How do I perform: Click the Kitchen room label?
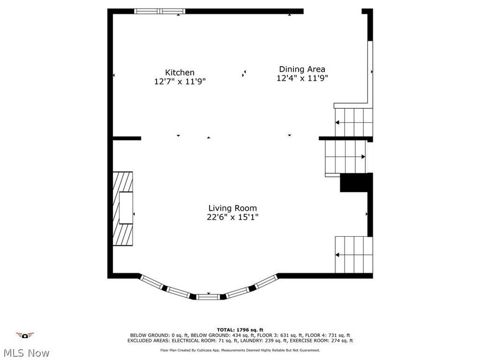click(179, 73)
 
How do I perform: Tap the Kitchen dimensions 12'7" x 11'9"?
click(180, 82)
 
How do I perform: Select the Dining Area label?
click(302, 69)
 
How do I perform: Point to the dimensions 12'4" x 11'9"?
click(302, 78)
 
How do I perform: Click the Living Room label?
click(232, 208)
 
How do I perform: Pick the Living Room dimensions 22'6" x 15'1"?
click(232, 217)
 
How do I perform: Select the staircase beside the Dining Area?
click(353, 122)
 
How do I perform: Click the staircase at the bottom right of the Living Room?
click(353, 255)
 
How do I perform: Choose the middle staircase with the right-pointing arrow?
click(346, 157)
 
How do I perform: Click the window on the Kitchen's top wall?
click(159, 11)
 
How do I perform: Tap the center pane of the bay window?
click(208, 297)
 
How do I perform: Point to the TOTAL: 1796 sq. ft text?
click(240, 330)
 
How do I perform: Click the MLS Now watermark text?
click(26, 353)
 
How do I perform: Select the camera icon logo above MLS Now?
click(25, 335)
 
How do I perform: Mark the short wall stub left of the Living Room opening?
click(126, 138)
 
